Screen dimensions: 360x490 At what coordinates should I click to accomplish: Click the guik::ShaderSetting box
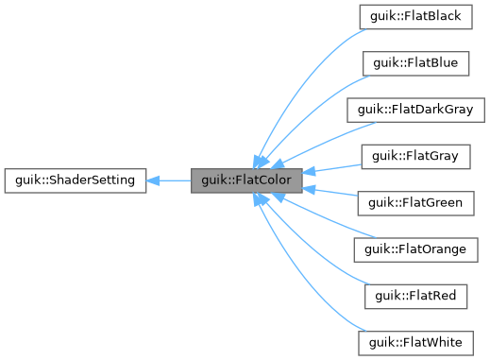75,180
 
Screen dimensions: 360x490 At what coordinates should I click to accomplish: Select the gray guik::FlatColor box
246,180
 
